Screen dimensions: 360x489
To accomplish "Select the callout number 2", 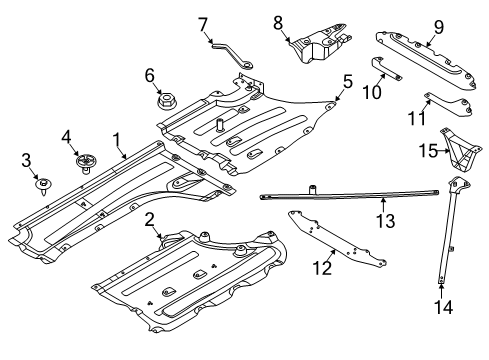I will pyautogui.click(x=148, y=219).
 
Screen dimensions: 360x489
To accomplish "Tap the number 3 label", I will pyautogui.click(x=27, y=160).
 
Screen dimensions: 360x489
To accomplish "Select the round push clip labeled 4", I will pyautogui.click(x=84, y=160).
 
